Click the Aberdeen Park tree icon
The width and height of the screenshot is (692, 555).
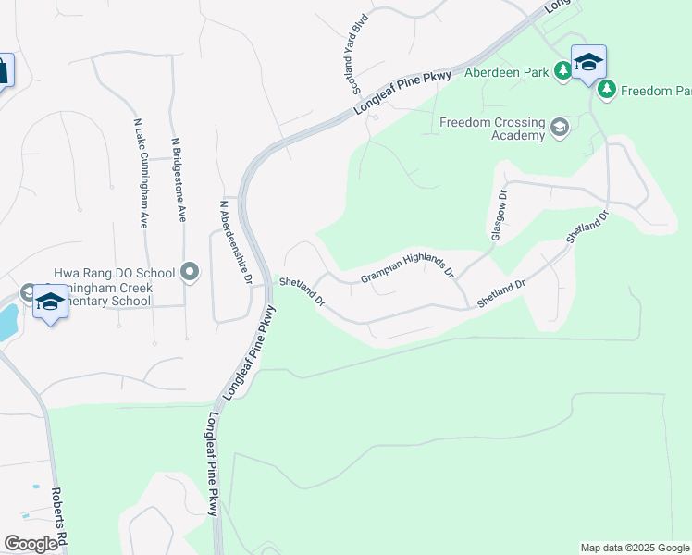(x=562, y=71)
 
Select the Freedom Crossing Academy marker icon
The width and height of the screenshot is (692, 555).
(x=559, y=127)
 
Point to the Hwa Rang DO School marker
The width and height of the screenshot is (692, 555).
(x=190, y=272)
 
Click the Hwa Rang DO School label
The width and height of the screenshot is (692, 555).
(x=115, y=273)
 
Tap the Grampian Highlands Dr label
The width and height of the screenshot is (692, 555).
(x=407, y=264)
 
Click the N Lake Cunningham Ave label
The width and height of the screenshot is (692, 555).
(x=142, y=173)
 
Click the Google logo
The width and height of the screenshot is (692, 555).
(x=31, y=544)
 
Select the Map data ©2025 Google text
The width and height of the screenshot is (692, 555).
(x=634, y=548)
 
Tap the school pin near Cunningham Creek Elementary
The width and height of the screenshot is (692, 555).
(x=50, y=302)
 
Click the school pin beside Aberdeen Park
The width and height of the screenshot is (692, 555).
(x=588, y=62)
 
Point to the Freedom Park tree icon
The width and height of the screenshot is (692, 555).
(x=607, y=90)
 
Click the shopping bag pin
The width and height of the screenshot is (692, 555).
(x=3, y=70)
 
